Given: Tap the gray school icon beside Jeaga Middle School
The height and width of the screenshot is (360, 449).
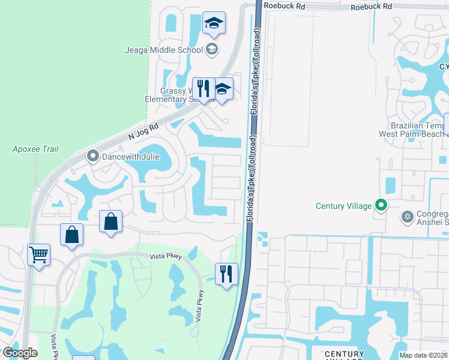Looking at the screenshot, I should pyautogui.click(x=211, y=49).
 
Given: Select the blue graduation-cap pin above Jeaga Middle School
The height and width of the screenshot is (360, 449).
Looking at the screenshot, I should pyautogui.click(x=214, y=25).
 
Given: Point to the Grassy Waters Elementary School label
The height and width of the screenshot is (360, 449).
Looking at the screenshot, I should pyautogui.click(x=175, y=95).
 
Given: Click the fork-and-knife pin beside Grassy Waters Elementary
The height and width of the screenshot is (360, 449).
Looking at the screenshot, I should pyautogui.click(x=203, y=89).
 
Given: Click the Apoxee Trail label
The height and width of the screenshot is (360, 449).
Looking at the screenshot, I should pyautogui.click(x=35, y=148).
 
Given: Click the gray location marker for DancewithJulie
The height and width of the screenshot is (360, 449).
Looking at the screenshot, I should pyautogui.click(x=92, y=157).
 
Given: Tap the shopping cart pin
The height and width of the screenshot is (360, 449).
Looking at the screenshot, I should pyautogui.click(x=39, y=255).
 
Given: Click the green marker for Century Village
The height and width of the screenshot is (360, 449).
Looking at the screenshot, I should pyautogui.click(x=381, y=206).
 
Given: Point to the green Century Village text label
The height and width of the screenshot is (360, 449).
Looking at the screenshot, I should pyautogui.click(x=344, y=206).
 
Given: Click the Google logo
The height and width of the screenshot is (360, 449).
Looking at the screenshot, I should pyautogui.click(x=20, y=353).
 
